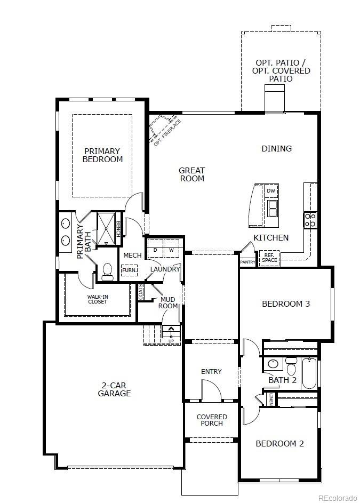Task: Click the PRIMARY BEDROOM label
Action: (x=102, y=155)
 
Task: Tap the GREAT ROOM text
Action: (x=191, y=174)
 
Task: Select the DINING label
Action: (x=276, y=149)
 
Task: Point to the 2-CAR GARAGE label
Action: (x=114, y=389)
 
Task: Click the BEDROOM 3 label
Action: (x=285, y=304)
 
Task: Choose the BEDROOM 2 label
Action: (x=279, y=443)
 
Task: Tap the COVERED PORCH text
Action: (x=212, y=420)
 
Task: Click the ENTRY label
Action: (x=211, y=371)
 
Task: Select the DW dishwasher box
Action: (x=271, y=190)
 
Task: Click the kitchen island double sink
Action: (x=272, y=208)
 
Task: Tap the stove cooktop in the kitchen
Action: (x=310, y=220)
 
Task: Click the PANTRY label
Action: (x=247, y=262)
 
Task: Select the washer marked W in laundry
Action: (x=172, y=250)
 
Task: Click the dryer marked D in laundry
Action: (x=155, y=250)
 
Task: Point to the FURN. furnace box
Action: (x=129, y=270)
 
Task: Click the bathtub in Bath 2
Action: (x=309, y=373)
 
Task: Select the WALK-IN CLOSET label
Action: (x=97, y=299)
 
